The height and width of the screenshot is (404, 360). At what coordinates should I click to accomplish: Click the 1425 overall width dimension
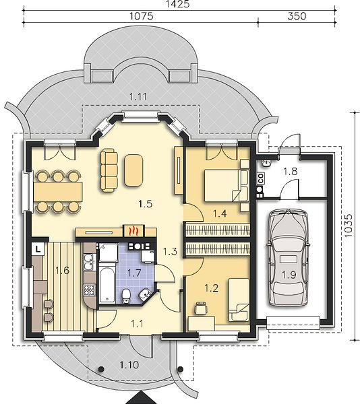tap(178, 3)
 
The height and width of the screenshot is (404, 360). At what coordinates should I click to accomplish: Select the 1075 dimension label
tap(141, 16)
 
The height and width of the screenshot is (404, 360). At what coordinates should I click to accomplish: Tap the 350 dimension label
tap(297, 16)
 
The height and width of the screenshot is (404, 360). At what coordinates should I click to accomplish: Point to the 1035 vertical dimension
tap(348, 226)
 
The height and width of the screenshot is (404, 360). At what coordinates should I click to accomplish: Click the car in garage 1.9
tap(288, 258)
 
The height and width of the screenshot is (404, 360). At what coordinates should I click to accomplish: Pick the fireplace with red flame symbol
tap(133, 231)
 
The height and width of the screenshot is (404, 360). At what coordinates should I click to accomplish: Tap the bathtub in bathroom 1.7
tap(107, 283)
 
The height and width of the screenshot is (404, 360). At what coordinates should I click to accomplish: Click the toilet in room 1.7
tap(126, 296)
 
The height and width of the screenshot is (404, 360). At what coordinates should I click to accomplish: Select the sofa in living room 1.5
tap(109, 170)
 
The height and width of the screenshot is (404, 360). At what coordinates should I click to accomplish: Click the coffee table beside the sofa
tap(133, 170)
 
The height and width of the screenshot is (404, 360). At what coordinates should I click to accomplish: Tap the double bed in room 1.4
tap(223, 185)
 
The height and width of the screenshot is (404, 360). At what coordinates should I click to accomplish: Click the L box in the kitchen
tap(38, 249)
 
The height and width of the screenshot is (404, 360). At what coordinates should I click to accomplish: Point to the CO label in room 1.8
tap(260, 178)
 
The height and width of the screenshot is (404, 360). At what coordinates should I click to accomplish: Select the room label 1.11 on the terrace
tap(138, 97)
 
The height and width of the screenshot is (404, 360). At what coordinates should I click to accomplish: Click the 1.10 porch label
tap(129, 365)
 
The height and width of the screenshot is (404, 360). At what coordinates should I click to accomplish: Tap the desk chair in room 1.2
tap(201, 308)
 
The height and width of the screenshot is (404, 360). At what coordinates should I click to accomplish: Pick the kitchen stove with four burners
tap(89, 290)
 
